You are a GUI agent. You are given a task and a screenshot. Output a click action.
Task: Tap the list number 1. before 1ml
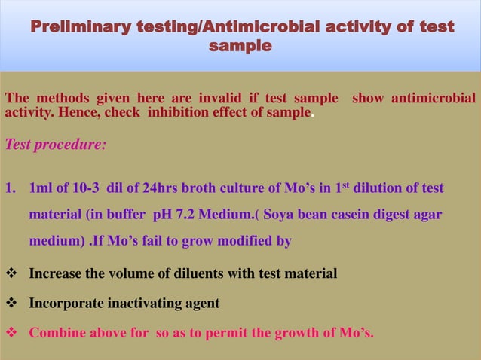(11, 188)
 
